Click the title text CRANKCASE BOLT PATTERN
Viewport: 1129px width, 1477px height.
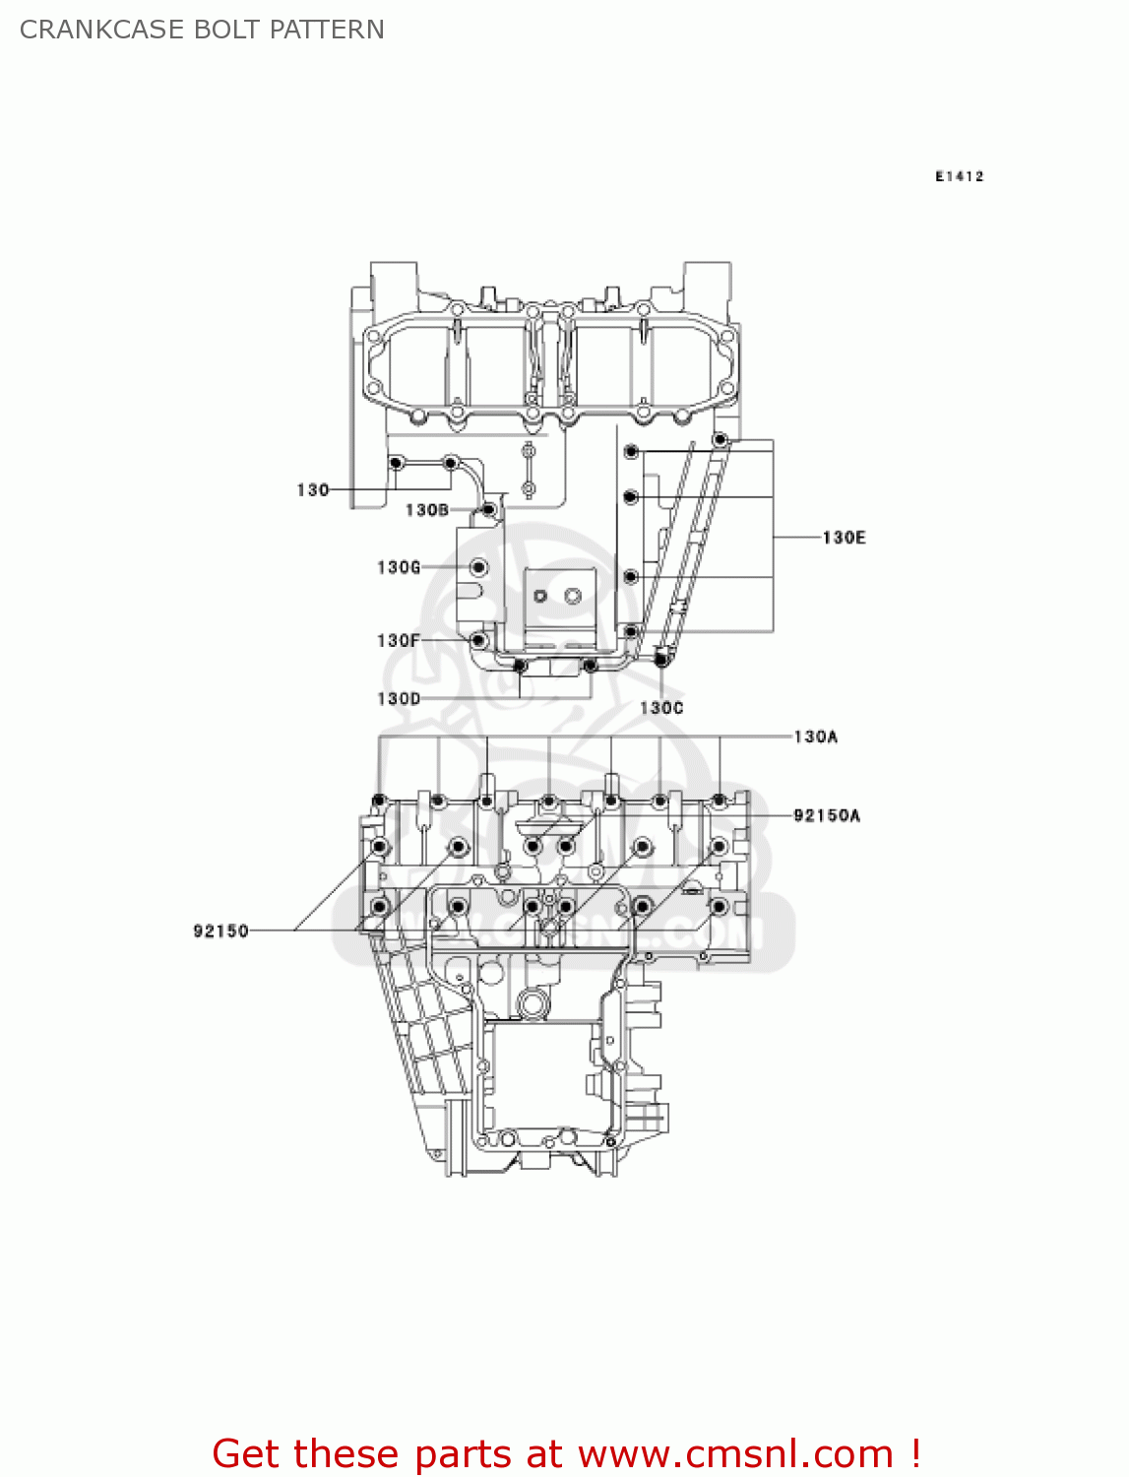(x=202, y=30)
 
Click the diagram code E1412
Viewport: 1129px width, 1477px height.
(x=959, y=176)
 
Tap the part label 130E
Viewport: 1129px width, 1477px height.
(x=844, y=538)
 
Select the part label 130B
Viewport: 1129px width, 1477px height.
(x=427, y=510)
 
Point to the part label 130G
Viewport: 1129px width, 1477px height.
(x=399, y=567)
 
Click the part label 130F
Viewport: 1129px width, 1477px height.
(x=399, y=640)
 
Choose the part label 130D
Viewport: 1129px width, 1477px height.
(x=399, y=698)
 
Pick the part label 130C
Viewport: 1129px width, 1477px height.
(x=661, y=708)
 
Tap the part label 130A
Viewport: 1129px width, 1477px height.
(x=815, y=737)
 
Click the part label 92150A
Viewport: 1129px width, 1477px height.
(x=826, y=815)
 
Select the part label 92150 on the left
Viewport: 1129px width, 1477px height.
(x=220, y=931)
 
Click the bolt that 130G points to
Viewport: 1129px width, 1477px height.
(x=478, y=567)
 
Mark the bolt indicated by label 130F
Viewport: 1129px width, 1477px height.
(x=478, y=640)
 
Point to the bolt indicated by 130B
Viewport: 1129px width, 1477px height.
(x=488, y=509)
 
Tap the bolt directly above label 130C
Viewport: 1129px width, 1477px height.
(x=661, y=659)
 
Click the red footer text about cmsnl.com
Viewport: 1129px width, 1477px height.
(x=566, y=1453)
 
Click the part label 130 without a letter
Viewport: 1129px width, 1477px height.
(x=312, y=489)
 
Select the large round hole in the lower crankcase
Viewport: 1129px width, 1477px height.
(x=532, y=1005)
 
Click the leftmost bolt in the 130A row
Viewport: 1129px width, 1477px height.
(x=379, y=800)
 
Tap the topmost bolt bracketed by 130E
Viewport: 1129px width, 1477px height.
(x=721, y=439)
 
